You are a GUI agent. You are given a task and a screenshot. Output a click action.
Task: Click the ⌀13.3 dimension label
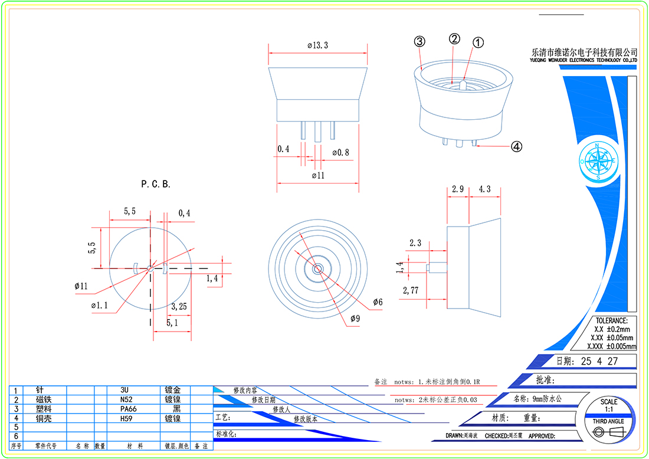coord(317,45)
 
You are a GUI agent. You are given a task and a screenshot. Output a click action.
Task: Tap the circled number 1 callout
coord(478,42)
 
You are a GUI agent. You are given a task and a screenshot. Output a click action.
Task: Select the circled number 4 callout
coord(516,147)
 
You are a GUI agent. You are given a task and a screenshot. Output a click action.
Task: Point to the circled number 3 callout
coord(419,41)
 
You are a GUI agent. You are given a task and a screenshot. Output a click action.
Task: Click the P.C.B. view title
coord(156,184)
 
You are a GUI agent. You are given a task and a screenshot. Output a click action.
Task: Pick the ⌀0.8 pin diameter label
coord(340,153)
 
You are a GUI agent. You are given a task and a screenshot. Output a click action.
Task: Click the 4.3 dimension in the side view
coord(484,189)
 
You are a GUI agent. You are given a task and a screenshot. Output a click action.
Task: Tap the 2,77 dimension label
coord(411,290)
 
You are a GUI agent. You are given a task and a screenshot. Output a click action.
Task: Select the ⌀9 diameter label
coord(355,319)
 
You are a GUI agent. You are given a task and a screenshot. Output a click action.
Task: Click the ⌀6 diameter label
coord(378,302)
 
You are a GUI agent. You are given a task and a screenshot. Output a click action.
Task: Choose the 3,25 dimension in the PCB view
coord(179,307)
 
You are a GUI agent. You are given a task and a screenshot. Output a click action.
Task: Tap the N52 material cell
coord(124,399)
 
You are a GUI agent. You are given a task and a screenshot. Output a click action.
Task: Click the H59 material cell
coord(124,418)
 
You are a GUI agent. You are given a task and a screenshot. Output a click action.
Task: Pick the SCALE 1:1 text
coord(609,405)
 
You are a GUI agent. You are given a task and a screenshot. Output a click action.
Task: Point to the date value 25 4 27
coord(599,361)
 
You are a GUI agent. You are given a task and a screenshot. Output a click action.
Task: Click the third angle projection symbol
coord(608,433)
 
